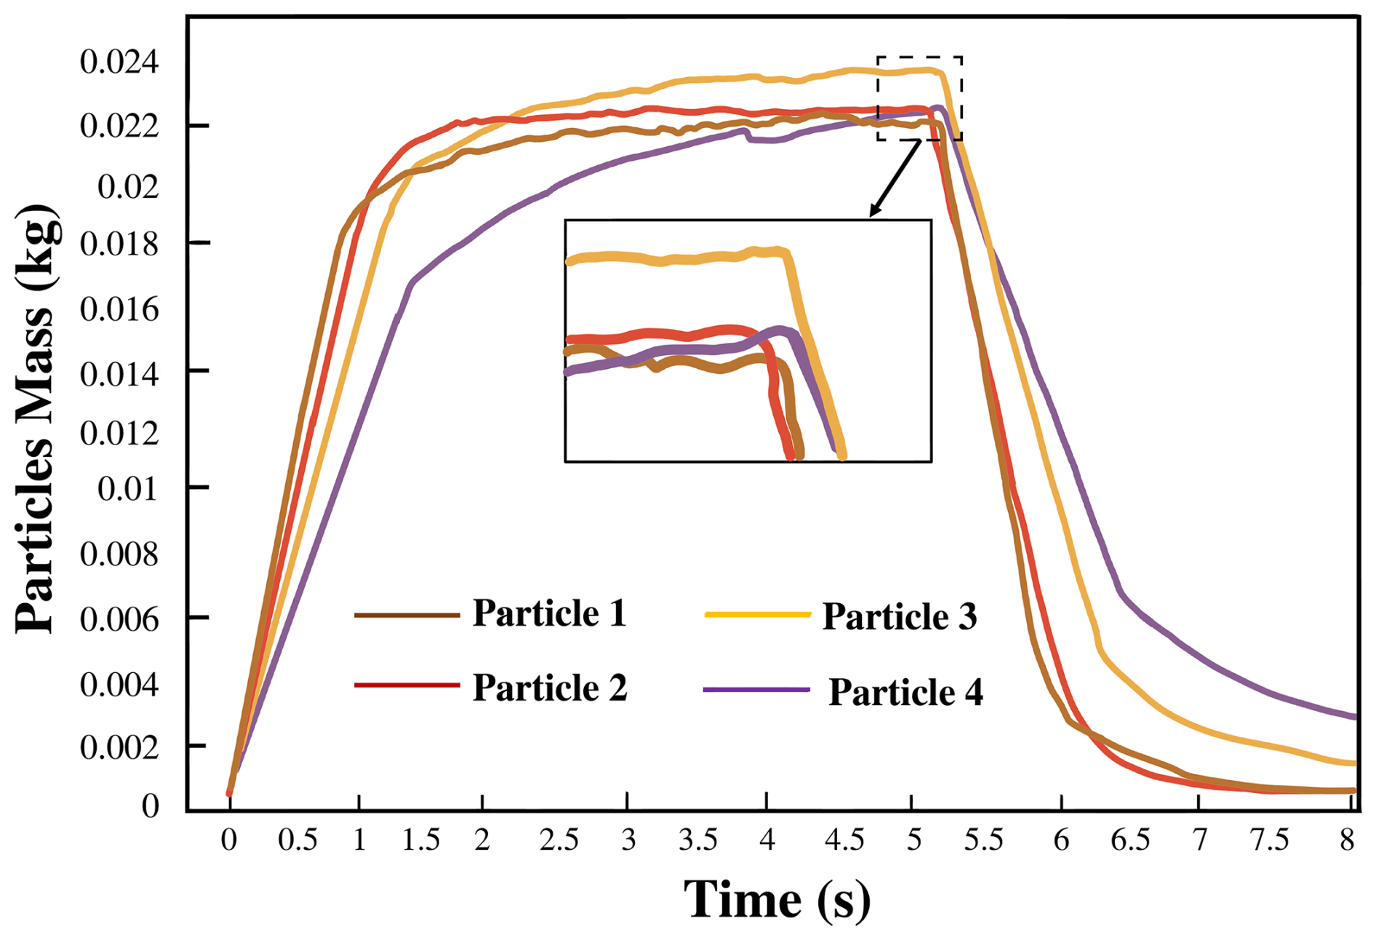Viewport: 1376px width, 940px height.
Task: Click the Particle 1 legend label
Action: point(549,613)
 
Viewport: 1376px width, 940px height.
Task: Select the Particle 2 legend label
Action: point(550,688)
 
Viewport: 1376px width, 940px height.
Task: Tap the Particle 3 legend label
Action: point(900,616)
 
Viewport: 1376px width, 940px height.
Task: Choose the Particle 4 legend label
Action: point(905,691)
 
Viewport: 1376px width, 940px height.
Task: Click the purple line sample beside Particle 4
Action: point(756,689)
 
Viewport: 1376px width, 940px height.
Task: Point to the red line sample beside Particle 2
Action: point(407,685)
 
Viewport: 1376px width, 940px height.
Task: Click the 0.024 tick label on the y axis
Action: point(119,63)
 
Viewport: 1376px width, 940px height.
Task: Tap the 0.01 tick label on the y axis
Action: point(128,489)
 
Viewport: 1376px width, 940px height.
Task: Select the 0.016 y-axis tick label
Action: point(119,310)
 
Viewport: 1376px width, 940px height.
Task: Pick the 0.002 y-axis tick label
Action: point(119,747)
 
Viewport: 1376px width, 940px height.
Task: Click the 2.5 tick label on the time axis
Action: point(559,840)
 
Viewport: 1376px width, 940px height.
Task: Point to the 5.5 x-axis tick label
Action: point(983,840)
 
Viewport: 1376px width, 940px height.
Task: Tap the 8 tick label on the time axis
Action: point(1347,840)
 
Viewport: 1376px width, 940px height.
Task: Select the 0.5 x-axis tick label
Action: point(297,840)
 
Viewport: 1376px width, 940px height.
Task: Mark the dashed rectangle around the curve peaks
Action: point(919,57)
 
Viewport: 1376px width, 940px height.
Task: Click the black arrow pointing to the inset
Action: point(895,178)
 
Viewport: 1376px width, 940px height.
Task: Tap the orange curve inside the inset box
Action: point(676,258)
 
